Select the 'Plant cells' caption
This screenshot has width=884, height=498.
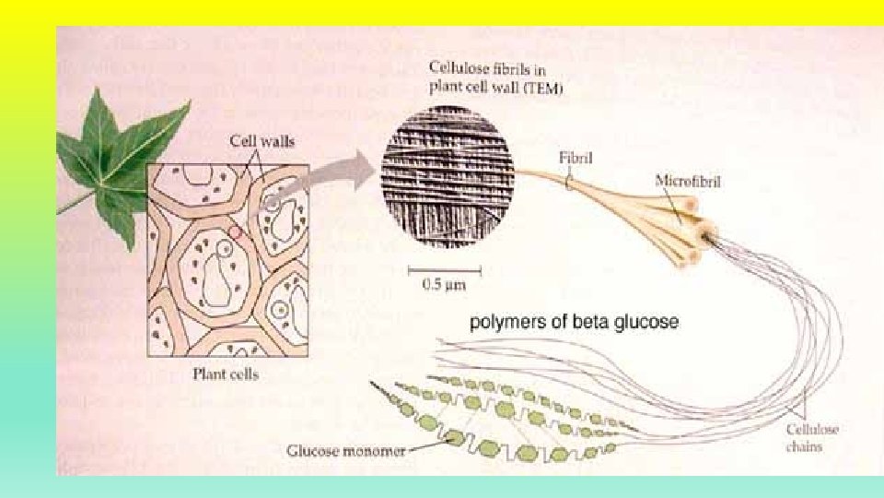click(226, 373)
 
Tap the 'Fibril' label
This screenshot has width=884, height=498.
click(576, 159)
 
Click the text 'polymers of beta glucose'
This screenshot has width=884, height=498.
click(575, 323)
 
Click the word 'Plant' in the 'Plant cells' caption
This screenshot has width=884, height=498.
click(209, 373)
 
